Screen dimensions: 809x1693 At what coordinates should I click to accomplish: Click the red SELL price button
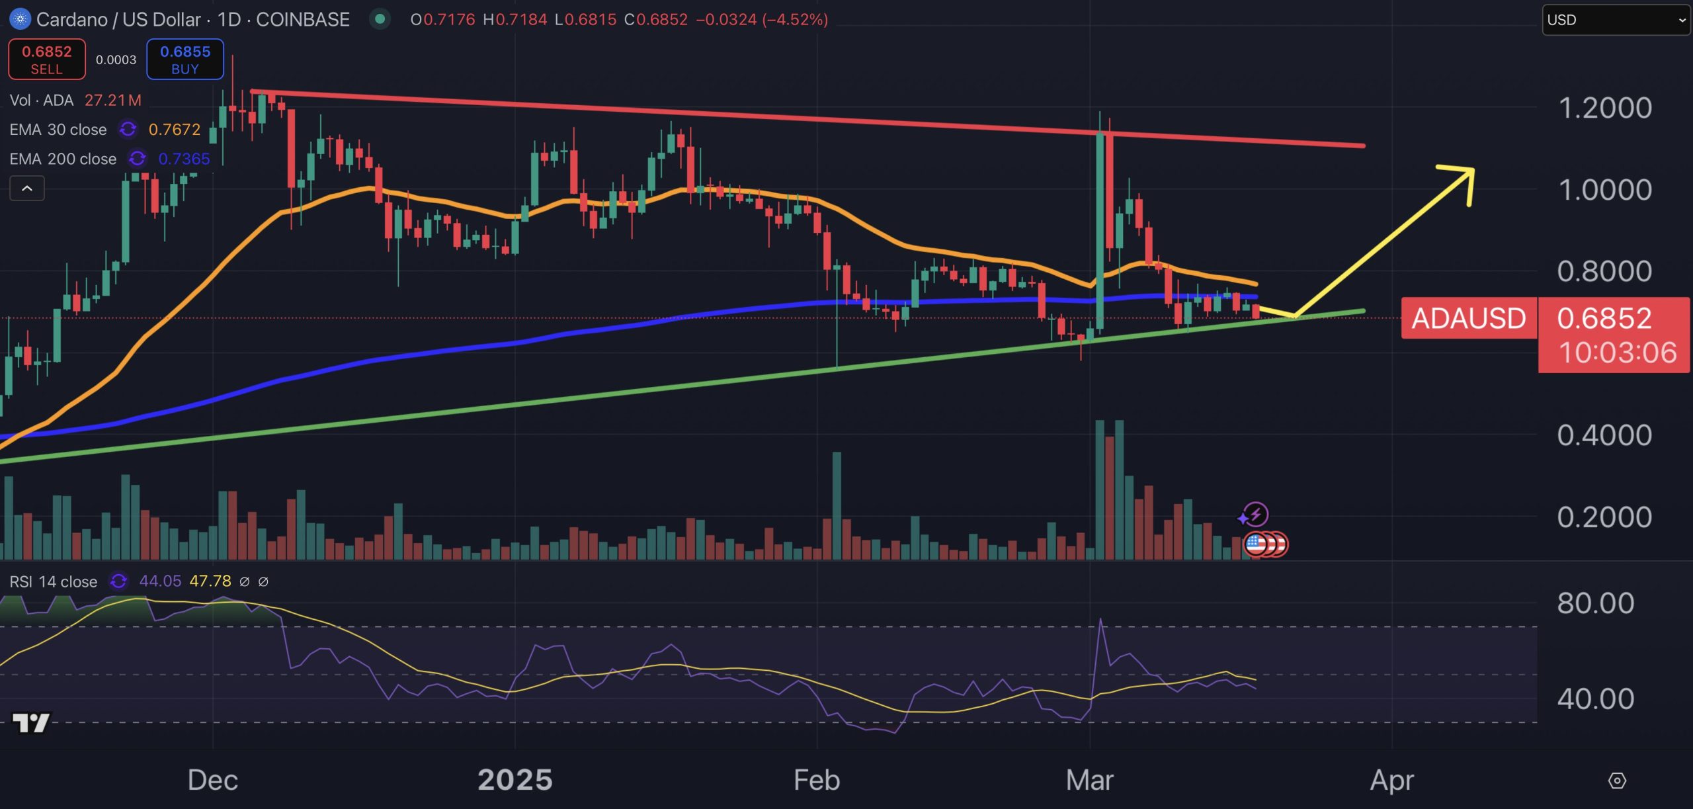pos(46,60)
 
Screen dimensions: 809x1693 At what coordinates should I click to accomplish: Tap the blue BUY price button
pos(185,60)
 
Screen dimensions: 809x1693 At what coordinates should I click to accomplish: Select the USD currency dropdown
pos(1615,20)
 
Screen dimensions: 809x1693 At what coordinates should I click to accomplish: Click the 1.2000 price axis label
pos(1605,108)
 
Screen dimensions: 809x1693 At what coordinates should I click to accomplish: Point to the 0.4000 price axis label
pos(1605,435)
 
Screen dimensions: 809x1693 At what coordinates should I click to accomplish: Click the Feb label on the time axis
pos(817,781)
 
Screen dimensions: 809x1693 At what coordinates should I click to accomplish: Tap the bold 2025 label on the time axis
pos(515,781)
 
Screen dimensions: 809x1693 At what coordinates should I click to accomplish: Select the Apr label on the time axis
pos(1392,781)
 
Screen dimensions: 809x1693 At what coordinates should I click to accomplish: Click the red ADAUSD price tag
pos(1469,319)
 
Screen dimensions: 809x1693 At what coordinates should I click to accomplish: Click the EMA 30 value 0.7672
pos(175,130)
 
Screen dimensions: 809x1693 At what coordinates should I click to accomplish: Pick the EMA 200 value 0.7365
pos(184,159)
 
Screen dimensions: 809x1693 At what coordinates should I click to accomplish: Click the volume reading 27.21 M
pos(113,101)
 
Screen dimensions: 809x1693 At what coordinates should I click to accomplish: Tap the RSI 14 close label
pos(54,581)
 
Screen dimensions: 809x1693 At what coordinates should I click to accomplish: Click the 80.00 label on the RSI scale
pos(1595,603)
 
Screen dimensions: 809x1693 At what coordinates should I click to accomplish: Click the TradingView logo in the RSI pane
pos(31,723)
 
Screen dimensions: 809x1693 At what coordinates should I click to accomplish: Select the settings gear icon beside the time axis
pos(1617,781)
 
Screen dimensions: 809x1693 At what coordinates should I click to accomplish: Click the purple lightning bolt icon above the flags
pos(1255,514)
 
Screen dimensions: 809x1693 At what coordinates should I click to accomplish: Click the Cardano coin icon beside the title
pos(20,19)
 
